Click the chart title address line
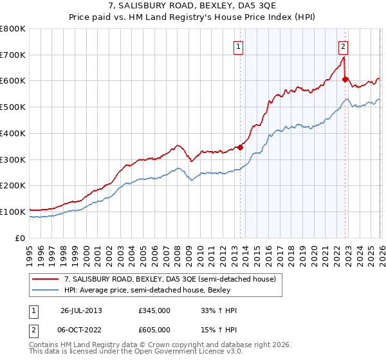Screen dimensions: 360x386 [x=193, y=6]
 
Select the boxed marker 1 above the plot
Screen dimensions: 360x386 [x=238, y=46]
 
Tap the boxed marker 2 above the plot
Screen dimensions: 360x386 [x=344, y=46]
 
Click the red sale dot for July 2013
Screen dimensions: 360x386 [x=240, y=147]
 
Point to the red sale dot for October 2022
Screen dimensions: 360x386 [x=345, y=80]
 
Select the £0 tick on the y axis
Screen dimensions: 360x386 [x=21, y=238]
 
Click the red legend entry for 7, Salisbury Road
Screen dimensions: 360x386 [x=170, y=279]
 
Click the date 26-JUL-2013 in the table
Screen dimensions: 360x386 [x=80, y=310]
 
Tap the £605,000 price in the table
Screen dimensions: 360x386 [x=154, y=329]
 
